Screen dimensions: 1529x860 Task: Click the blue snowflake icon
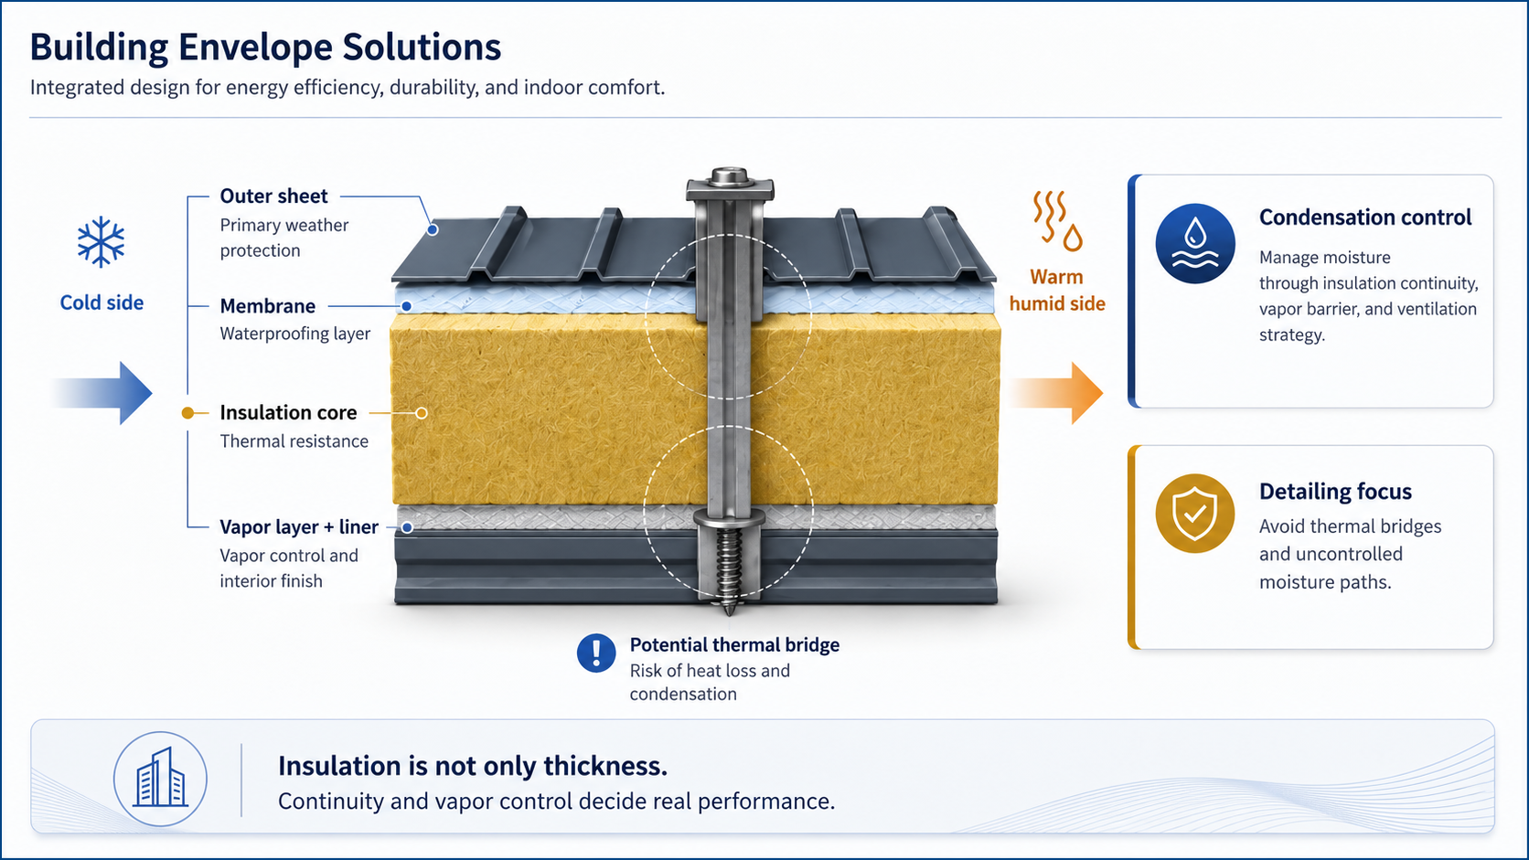pos(101,242)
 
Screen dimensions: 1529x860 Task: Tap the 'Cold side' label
pos(102,303)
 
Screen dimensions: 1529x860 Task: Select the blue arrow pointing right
pos(102,393)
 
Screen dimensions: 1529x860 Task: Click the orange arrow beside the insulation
pos(1055,393)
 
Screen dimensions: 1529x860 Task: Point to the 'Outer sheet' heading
pos(273,196)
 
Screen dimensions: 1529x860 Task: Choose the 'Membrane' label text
pos(268,306)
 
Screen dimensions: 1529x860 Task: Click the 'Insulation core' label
pos(288,412)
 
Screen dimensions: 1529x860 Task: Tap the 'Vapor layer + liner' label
pos(299,527)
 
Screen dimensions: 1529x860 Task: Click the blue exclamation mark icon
pos(596,653)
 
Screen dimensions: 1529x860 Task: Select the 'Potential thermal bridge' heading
pos(734,645)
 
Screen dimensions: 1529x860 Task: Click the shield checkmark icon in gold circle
pos(1195,514)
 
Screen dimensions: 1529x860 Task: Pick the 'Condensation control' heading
pos(1365,218)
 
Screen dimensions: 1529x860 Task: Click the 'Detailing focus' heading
pos(1335,492)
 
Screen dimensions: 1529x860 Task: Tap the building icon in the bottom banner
pos(160,779)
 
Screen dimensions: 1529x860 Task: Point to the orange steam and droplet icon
pos(1057,221)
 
